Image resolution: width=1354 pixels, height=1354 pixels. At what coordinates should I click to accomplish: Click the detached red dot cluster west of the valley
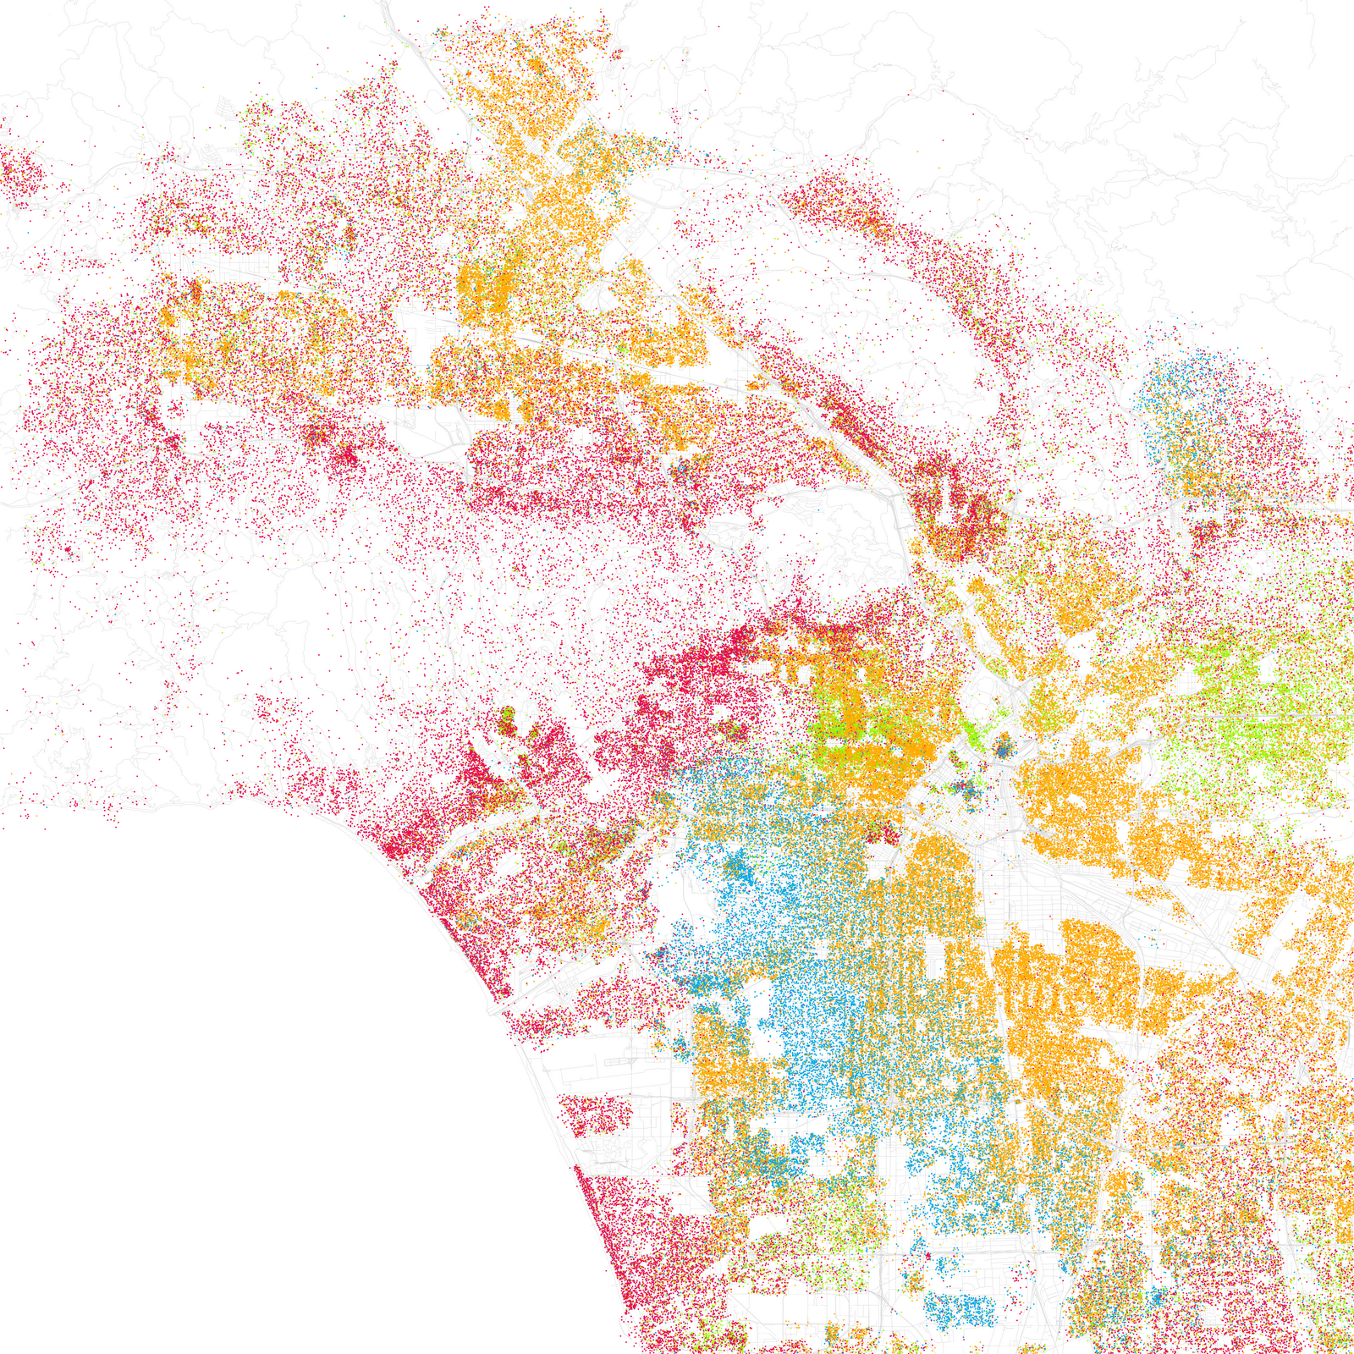[21, 173]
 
